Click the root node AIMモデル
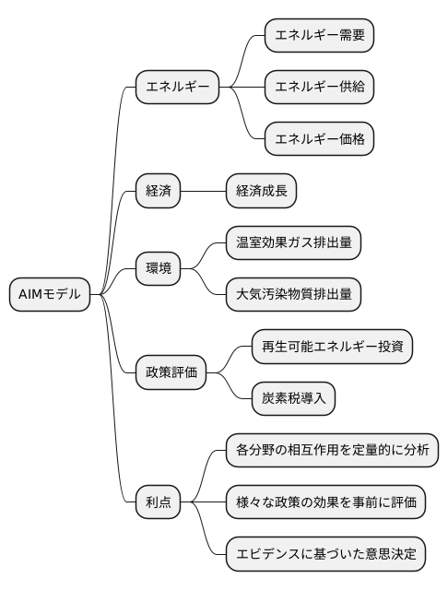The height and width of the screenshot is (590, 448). [x=50, y=295]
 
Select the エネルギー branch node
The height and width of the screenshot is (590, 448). [x=177, y=88]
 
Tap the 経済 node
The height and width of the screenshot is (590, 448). [x=158, y=192]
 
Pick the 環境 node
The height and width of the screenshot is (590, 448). [x=158, y=269]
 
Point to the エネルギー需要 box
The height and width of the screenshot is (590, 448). [x=320, y=37]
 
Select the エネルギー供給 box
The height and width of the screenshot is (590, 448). [x=320, y=88]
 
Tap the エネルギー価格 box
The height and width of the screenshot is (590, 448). [x=320, y=140]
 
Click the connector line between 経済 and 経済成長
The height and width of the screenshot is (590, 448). [x=204, y=192]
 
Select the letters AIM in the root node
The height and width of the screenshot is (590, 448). [x=30, y=295]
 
